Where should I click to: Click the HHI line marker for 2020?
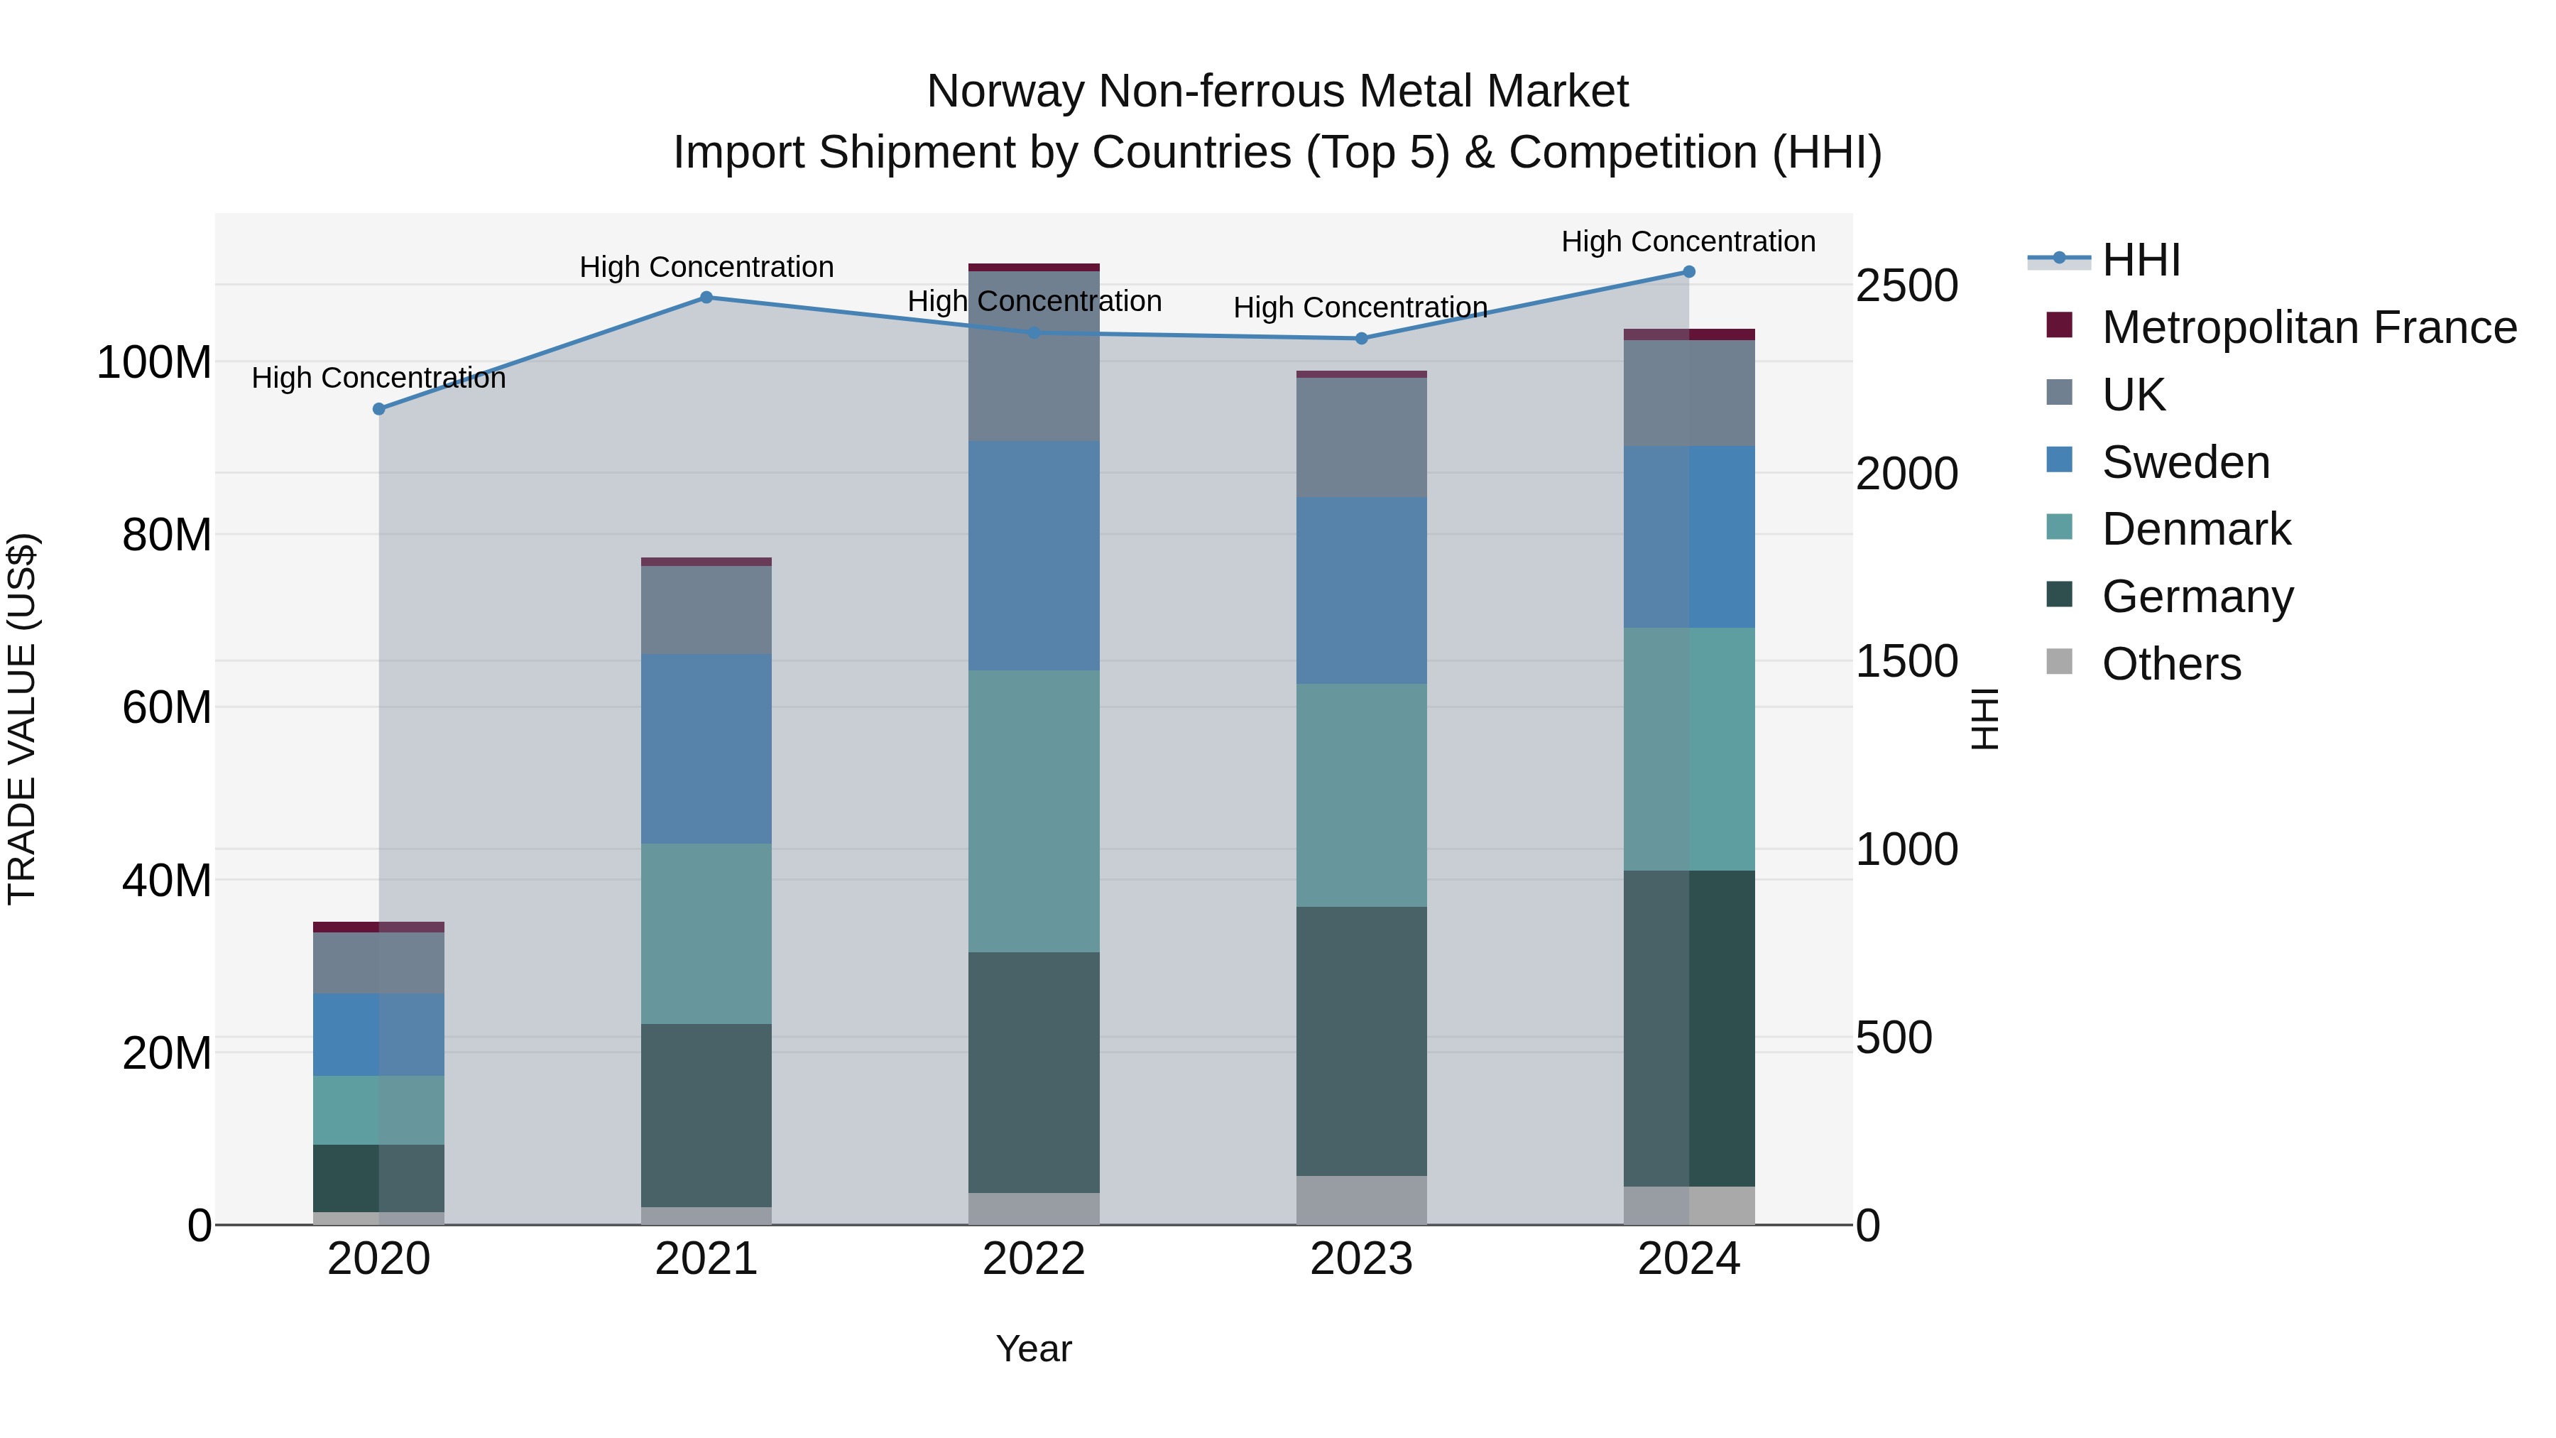pyautogui.click(x=379, y=409)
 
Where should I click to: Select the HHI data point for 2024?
pyautogui.click(x=1689, y=272)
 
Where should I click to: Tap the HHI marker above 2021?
pyautogui.click(x=706, y=297)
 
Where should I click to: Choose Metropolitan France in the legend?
pyautogui.click(x=2308, y=327)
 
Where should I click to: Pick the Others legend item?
pyautogui.click(x=2171, y=664)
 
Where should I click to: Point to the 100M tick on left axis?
pyautogui.click(x=154, y=363)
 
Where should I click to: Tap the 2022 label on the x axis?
pyautogui.click(x=1034, y=1259)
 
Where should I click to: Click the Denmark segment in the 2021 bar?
pyautogui.click(x=706, y=933)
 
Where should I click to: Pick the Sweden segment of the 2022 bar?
pyautogui.click(x=1034, y=556)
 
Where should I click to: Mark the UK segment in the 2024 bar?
pyautogui.click(x=1689, y=393)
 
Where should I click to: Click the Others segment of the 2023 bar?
pyautogui.click(x=1361, y=1200)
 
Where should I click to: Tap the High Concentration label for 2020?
pyautogui.click(x=379, y=378)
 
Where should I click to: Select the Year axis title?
pyautogui.click(x=1034, y=1349)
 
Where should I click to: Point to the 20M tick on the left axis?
pyautogui.click(x=167, y=1053)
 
